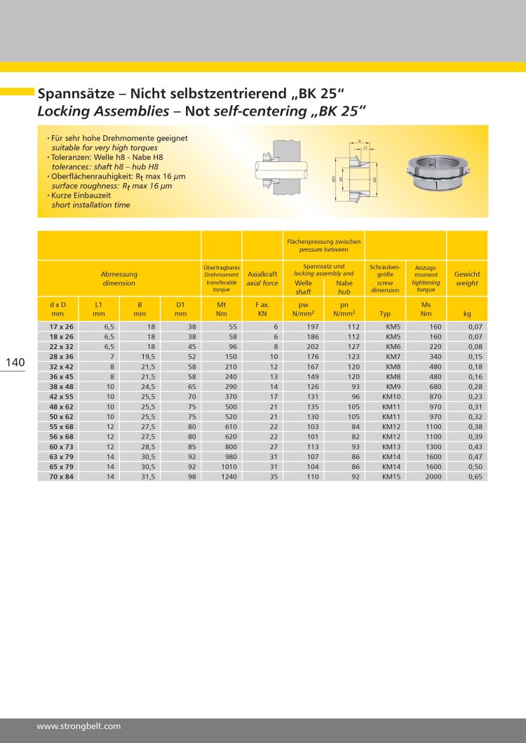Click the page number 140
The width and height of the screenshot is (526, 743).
click(x=15, y=362)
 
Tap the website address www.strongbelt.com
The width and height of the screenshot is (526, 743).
click(x=79, y=726)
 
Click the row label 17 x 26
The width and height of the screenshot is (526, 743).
click(x=62, y=327)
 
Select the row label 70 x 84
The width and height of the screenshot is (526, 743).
click(x=62, y=477)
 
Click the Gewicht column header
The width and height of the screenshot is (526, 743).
click(x=467, y=274)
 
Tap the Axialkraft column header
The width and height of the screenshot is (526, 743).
click(x=262, y=274)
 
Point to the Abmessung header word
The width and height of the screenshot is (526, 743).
click(x=119, y=274)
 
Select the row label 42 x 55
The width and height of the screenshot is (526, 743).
click(x=62, y=397)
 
